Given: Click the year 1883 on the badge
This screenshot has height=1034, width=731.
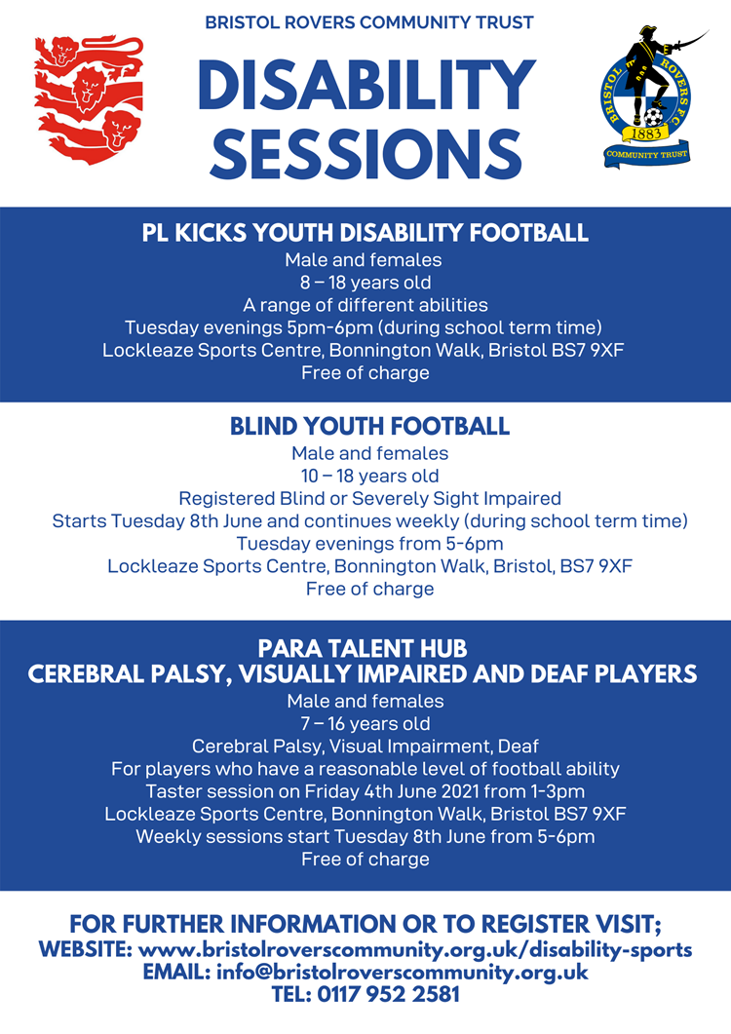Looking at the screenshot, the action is pos(646,134).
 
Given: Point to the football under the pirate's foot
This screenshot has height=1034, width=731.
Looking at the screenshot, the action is pos(653,117).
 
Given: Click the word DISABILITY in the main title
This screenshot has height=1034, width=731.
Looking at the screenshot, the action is pos(366,87).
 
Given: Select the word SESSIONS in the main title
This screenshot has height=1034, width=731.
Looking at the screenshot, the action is pos(366,153).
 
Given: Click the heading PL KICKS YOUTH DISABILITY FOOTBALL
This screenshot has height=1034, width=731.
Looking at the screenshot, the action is pos(365,233).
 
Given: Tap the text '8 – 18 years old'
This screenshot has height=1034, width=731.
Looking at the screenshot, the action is pos(365,283).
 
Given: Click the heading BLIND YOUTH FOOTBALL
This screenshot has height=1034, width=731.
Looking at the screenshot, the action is pos(369,426).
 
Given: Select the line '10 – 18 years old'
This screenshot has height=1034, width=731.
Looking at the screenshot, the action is pos(369,476).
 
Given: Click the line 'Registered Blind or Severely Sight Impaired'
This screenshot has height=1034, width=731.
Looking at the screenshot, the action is pos(369,498).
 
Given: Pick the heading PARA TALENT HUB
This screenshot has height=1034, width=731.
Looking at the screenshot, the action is pos(363,649).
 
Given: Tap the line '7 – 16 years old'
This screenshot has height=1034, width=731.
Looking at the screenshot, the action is pos(365,723).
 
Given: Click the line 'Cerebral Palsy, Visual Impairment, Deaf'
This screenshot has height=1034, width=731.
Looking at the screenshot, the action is pos(365,746).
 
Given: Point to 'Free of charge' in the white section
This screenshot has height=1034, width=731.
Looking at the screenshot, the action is pos(369,589).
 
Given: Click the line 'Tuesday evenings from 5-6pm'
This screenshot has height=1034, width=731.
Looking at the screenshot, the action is pos(369,544).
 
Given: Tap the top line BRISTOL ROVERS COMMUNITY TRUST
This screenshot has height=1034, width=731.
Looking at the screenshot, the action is pos(368,22).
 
